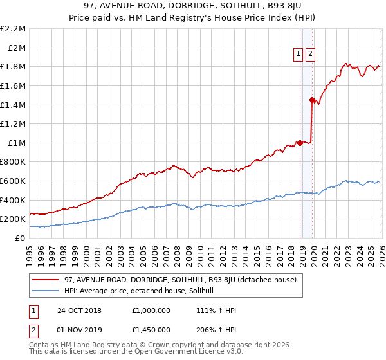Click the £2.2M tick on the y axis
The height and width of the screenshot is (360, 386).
13,29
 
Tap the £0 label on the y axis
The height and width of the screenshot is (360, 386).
21,238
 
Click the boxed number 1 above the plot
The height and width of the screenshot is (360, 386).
299,55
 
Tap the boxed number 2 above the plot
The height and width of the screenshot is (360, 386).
311,55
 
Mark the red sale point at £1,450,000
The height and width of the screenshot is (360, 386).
312,100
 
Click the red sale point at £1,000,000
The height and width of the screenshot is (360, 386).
300,143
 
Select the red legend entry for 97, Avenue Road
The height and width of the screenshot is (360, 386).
180,280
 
